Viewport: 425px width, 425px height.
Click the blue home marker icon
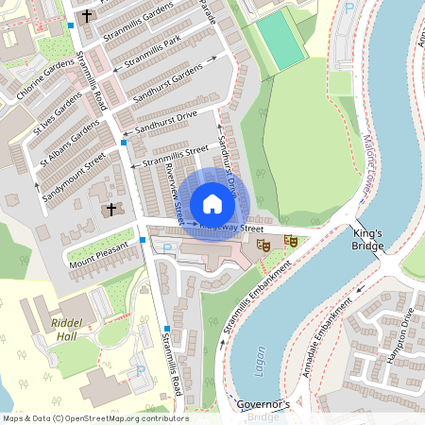pos(212,204)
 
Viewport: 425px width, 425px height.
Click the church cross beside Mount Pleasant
pos(110,208)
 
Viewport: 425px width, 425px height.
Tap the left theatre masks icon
pos(263,245)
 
